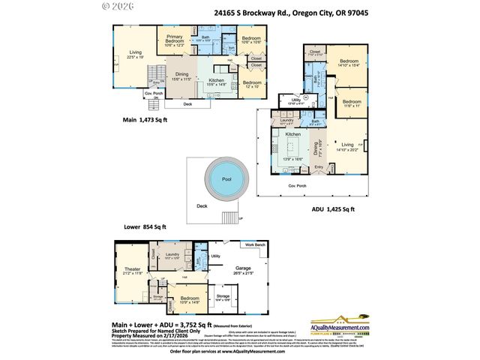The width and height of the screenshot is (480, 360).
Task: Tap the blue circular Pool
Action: [226, 179]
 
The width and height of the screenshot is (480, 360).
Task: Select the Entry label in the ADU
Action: [319, 166]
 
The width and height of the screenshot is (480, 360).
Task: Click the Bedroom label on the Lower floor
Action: [188, 297]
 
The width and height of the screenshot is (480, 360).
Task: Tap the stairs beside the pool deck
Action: [229, 218]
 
